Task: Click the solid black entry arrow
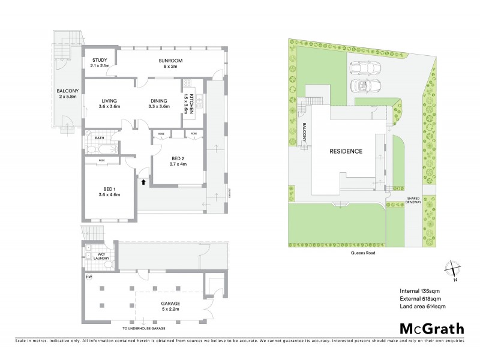[x=143, y=175]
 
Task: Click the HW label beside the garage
[x=89, y=277]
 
